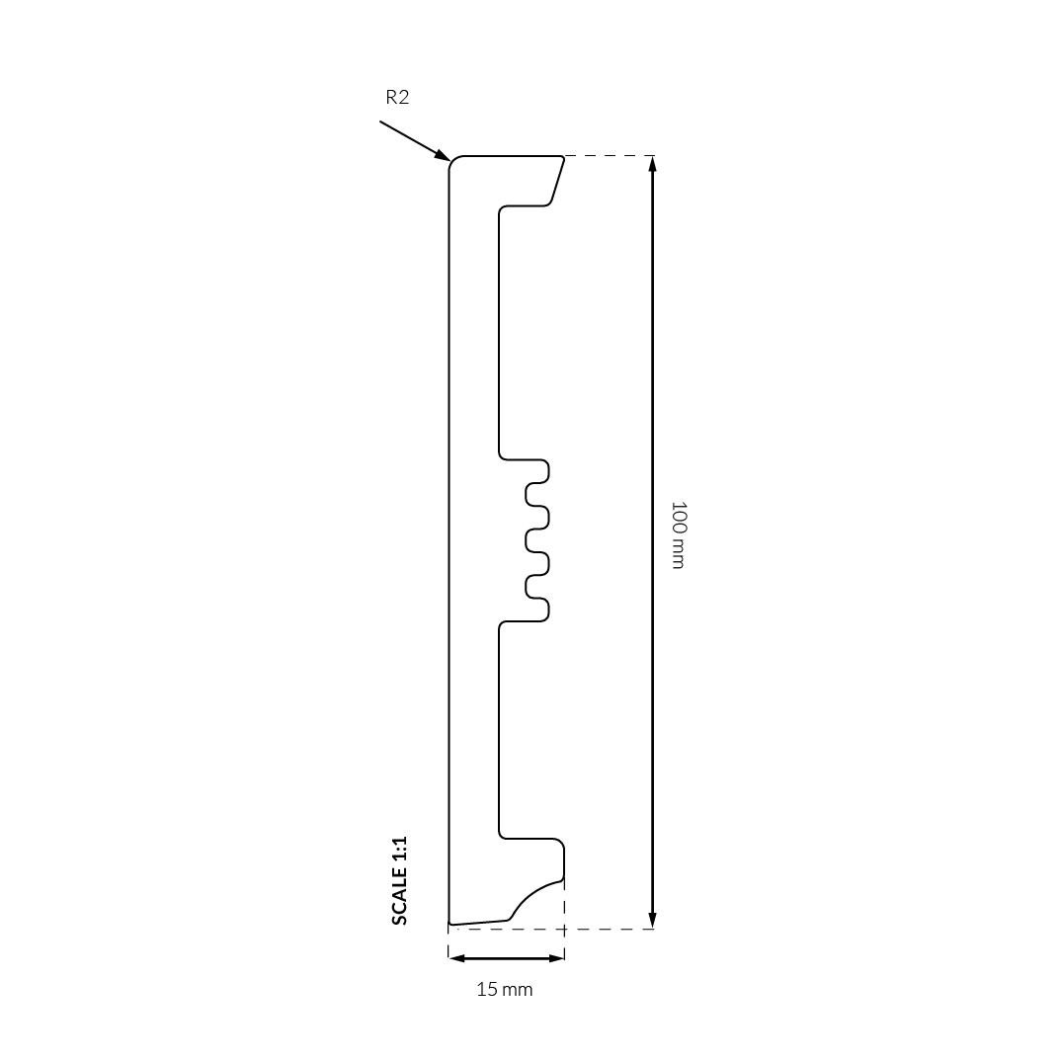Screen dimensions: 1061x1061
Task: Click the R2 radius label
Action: click(x=397, y=98)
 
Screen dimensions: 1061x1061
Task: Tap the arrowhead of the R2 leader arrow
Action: click(x=442, y=155)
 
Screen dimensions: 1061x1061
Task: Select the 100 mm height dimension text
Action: click(x=678, y=534)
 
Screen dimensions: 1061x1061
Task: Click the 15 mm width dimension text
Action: click(x=505, y=989)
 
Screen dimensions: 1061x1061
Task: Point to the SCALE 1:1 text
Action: click(x=399, y=881)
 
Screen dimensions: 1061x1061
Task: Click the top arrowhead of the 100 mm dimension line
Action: click(x=652, y=164)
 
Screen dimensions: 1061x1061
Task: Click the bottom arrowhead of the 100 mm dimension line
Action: click(x=652, y=920)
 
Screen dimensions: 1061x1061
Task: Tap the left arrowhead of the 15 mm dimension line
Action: click(x=456, y=958)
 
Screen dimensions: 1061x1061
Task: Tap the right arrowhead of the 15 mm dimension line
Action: click(x=555, y=958)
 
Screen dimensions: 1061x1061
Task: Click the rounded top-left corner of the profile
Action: click(x=452, y=160)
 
